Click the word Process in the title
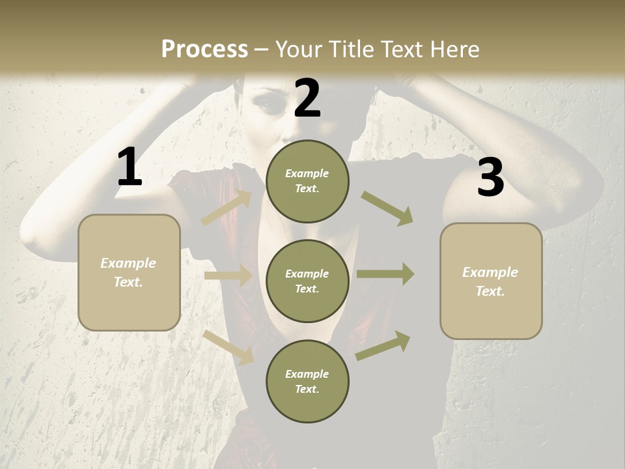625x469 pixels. (x=204, y=49)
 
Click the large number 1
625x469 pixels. (x=130, y=167)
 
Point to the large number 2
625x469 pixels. (x=307, y=98)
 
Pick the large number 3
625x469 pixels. (x=490, y=177)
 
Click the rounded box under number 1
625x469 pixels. (x=129, y=272)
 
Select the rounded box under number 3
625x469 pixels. (x=491, y=281)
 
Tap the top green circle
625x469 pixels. (x=307, y=181)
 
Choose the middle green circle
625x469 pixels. (x=307, y=281)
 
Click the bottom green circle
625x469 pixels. (x=307, y=382)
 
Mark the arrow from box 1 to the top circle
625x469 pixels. (x=227, y=208)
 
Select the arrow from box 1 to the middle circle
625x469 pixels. (x=228, y=276)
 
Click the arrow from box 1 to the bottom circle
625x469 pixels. (x=229, y=347)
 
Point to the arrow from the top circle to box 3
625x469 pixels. (x=387, y=208)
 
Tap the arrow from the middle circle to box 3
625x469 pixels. (x=385, y=274)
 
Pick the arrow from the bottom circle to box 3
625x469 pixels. (x=383, y=346)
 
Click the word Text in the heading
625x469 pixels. (x=403, y=49)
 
